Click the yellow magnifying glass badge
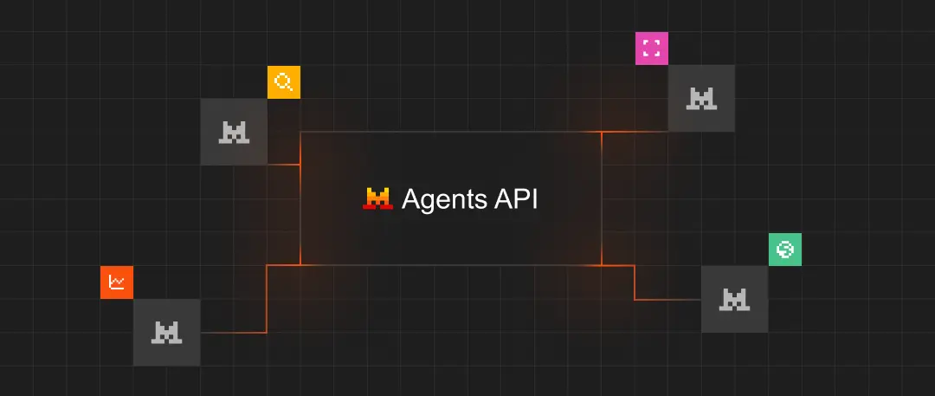[x=284, y=82]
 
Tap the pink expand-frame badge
[x=652, y=49]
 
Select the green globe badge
[x=785, y=250]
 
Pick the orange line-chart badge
[x=117, y=282]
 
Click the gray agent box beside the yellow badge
[x=234, y=132]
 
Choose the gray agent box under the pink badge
[x=701, y=99]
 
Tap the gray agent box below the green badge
[x=734, y=299]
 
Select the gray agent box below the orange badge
[x=166, y=332]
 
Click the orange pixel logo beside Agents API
[x=377, y=198]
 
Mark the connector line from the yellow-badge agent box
[x=283, y=164]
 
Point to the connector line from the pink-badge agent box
[x=635, y=132]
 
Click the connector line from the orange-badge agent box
[x=267, y=299]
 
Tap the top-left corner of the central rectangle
[x=300, y=132]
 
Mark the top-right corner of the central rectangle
[x=602, y=132]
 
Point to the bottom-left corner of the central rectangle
[x=300, y=265]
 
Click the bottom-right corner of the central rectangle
[x=602, y=265]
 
